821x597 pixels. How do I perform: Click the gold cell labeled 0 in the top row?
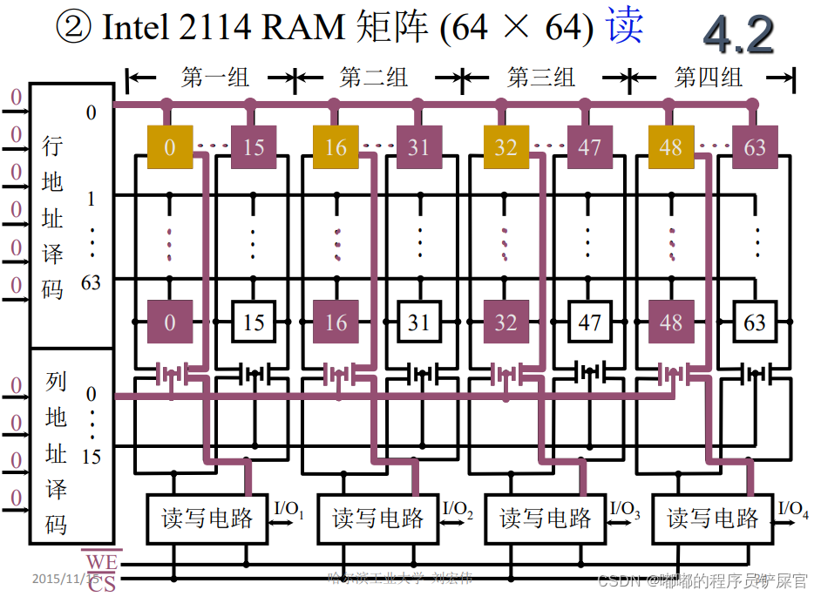click(169, 147)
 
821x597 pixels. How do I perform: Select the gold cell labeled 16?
click(336, 147)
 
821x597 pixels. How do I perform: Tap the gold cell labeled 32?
click(505, 147)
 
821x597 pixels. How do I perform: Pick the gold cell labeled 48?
click(671, 147)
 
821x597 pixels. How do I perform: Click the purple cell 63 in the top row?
click(755, 147)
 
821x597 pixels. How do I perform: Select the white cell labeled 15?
click(254, 323)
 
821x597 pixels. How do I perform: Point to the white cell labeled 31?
click(419, 323)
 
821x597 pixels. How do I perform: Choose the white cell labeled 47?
click(590, 323)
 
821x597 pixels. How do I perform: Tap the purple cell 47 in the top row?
click(590, 147)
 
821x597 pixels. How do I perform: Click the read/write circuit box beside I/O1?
click(207, 519)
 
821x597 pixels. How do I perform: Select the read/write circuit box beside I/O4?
click(713, 519)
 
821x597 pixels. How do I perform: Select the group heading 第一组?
click(215, 78)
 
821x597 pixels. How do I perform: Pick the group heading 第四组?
click(709, 78)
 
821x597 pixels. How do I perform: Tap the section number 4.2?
click(738, 35)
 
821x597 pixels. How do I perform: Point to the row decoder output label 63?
click(91, 282)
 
